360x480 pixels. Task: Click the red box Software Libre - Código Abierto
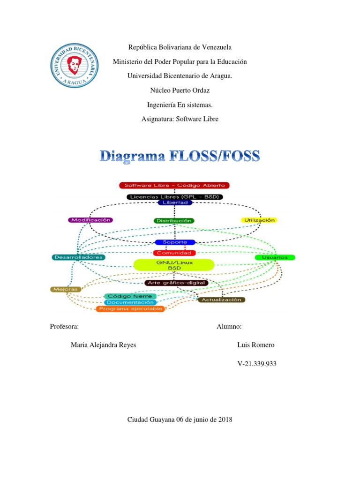[174, 186]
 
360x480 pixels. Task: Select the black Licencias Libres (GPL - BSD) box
[174, 197]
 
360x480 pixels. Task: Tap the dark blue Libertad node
[174, 202]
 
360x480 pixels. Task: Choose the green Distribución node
[174, 220]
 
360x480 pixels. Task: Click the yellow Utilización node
[259, 220]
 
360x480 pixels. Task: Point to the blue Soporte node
[174, 242]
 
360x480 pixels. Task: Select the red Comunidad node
[174, 253]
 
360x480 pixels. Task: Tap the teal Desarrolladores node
[79, 257]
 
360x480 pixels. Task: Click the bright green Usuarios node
[275, 257]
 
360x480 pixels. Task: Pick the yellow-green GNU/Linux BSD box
[174, 264]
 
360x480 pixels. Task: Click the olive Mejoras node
[66, 289]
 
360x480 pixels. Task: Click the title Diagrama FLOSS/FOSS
[180, 156]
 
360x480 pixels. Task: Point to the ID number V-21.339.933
[257, 363]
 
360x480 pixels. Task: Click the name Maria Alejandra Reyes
[103, 345]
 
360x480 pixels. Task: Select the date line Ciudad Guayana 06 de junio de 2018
[180, 420]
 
